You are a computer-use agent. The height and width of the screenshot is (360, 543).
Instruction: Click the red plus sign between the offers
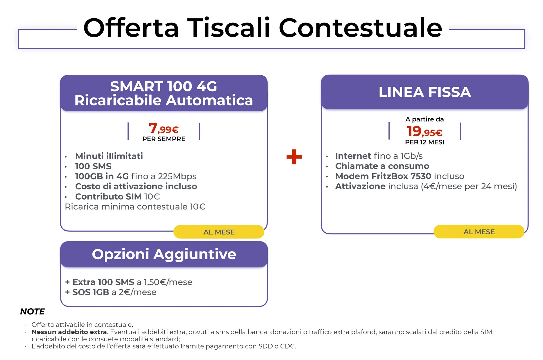(x=294, y=157)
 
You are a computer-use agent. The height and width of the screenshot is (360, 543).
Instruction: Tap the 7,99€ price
(x=164, y=128)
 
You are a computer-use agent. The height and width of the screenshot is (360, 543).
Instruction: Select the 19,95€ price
(x=424, y=131)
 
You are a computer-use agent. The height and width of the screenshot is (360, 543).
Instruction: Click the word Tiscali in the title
(x=229, y=28)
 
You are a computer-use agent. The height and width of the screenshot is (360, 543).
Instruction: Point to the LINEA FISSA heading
(x=425, y=92)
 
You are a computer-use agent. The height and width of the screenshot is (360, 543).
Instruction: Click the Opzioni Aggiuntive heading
(x=164, y=254)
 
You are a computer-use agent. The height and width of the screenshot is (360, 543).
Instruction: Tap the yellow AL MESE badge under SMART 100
(x=219, y=232)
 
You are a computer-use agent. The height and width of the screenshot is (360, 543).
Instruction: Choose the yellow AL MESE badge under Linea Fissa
(x=479, y=232)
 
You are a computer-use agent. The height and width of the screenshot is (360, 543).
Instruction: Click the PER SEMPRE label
(x=164, y=139)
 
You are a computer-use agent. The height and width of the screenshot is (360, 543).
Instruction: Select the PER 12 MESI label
(x=424, y=142)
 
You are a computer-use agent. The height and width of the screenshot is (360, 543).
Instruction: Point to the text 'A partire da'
(x=424, y=119)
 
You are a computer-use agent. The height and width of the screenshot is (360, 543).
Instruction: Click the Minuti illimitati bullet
(x=109, y=156)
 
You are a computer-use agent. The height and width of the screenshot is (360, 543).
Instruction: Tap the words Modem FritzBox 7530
(x=383, y=176)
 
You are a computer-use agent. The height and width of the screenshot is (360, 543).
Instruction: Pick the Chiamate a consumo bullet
(x=382, y=166)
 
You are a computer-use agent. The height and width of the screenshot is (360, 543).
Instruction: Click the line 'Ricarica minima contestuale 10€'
(x=135, y=207)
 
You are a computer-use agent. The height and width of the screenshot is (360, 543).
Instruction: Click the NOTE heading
(x=32, y=312)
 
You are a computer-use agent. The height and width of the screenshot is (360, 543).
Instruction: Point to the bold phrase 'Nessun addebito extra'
(x=69, y=332)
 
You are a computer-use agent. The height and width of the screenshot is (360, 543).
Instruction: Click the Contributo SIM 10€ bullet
(x=117, y=197)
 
